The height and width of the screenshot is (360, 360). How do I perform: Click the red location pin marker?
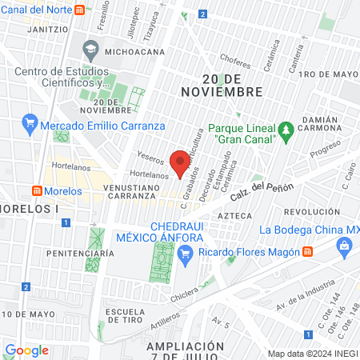click(181, 161)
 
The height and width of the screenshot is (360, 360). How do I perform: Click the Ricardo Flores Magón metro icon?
click(308, 252)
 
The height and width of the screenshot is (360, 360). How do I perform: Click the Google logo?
click(27, 350)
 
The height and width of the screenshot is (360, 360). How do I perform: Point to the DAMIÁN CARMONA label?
click(326, 125)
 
